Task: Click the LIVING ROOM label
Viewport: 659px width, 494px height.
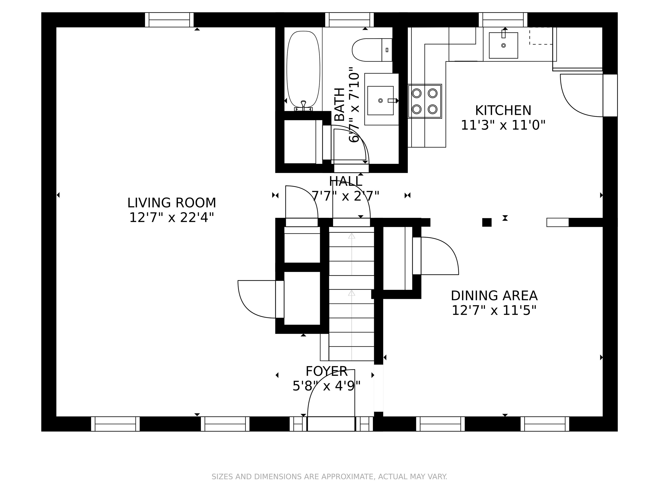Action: tap(172, 203)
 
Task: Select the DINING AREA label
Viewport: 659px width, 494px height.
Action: tap(494, 296)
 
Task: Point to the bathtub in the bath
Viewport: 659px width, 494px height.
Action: tap(303, 69)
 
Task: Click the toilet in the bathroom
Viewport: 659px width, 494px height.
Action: tap(372, 50)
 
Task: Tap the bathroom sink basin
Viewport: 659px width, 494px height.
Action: tap(380, 100)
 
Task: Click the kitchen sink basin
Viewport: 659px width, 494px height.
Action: tap(503, 45)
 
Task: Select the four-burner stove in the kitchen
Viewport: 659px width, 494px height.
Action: tap(425, 101)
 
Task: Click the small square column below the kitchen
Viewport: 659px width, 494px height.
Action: tap(487, 222)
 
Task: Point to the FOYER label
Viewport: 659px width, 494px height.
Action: tap(326, 371)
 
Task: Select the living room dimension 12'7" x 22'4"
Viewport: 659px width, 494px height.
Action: tap(172, 217)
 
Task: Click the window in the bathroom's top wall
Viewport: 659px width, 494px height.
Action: tap(349, 20)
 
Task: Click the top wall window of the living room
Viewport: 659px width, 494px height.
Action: tap(169, 20)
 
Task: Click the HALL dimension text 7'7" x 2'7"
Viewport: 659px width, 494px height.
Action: tap(345, 196)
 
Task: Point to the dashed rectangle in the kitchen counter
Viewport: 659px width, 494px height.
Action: tap(541, 36)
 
